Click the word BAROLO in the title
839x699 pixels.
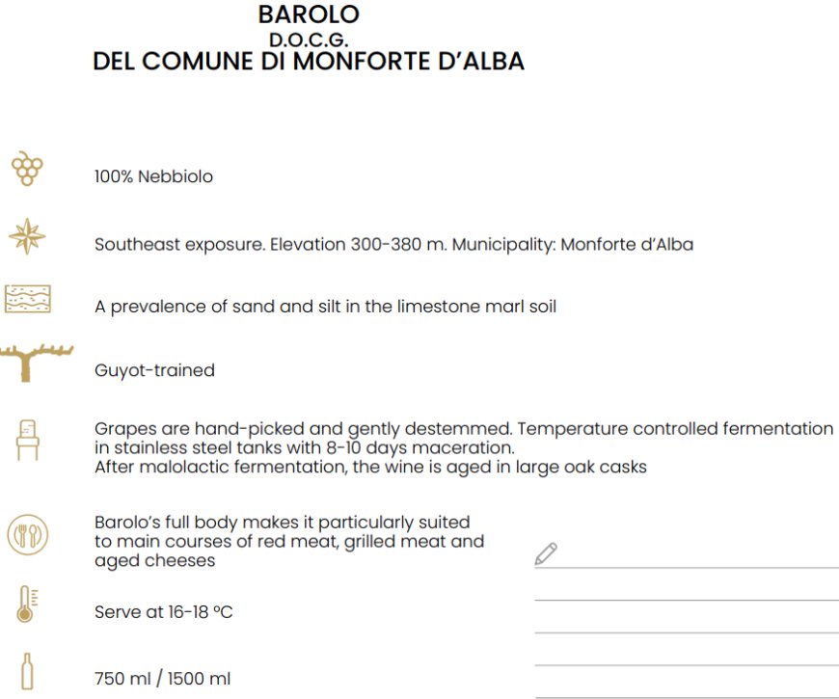point(309,14)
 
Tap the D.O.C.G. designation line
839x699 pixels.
point(309,40)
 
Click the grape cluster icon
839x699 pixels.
point(27,169)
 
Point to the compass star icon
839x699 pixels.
point(27,237)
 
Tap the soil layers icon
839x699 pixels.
point(27,299)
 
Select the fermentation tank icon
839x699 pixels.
point(27,439)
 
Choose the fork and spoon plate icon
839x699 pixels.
point(27,534)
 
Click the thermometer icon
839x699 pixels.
point(27,604)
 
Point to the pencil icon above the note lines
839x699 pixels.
point(546,553)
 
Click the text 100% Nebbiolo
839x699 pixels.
point(153,177)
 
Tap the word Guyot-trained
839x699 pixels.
point(154,370)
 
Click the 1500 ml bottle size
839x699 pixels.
point(199,679)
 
